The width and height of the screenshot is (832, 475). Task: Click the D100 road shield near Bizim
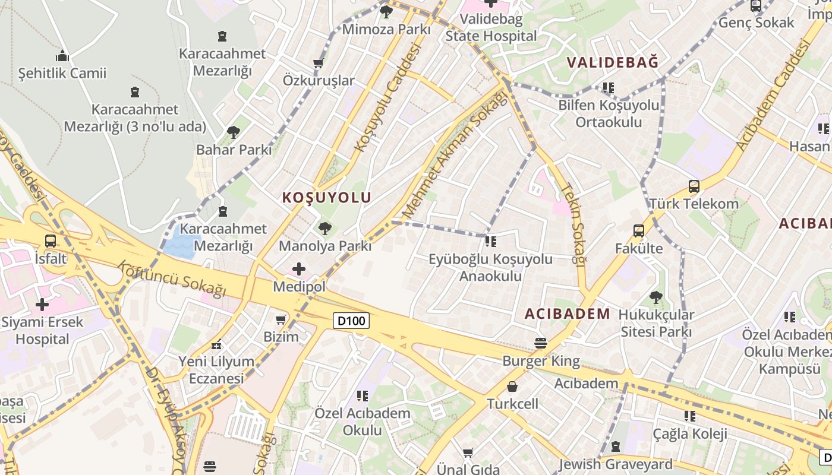pos(351,321)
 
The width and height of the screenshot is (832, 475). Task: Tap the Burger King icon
pos(540,343)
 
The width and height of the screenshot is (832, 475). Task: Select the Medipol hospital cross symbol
pos(299,269)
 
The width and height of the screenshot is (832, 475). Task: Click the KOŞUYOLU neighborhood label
pos(327,198)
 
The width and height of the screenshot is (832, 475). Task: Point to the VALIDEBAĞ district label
pos(613,62)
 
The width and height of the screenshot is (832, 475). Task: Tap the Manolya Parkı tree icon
pos(324,228)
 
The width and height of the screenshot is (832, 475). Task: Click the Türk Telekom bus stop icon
pos(694,186)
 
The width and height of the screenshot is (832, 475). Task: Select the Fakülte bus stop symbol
pos(639,231)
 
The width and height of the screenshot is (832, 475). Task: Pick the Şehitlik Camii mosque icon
pos(62,56)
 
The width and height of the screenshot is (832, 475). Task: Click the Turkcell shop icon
pos(512,387)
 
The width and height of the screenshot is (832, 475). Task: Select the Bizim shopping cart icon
pos(281,319)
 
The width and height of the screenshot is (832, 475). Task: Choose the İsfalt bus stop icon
pos(51,241)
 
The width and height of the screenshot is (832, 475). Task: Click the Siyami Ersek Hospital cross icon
pos(42,305)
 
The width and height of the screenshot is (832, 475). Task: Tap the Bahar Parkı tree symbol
pos(233,132)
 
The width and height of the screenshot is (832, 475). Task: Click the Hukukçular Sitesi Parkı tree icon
pos(656,297)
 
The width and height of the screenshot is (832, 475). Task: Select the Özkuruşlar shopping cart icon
pos(318,63)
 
